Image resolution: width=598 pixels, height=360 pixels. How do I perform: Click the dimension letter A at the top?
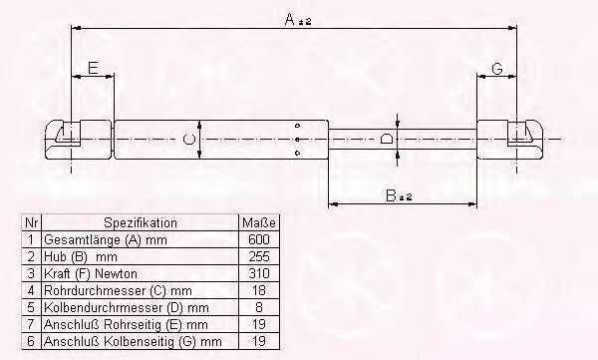[290, 19]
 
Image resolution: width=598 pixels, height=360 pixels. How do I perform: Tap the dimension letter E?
[93, 68]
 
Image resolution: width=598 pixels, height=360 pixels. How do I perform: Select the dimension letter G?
[497, 69]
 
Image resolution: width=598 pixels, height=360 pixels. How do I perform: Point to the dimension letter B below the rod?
[392, 195]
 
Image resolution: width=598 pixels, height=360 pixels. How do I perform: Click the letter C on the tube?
[188, 139]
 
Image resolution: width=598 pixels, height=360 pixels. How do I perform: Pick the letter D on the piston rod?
[386, 139]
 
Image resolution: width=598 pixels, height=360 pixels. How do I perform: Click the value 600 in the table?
[259, 239]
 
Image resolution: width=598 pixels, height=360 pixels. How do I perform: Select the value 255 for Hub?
[259, 256]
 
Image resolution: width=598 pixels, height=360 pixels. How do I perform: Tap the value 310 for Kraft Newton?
[259, 273]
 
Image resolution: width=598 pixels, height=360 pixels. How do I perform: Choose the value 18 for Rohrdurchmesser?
[259, 290]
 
